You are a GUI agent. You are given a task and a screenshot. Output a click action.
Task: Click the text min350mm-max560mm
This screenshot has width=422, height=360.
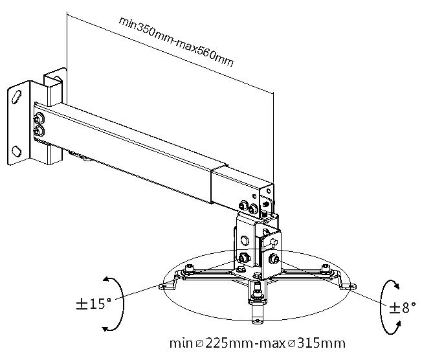(x=176, y=41)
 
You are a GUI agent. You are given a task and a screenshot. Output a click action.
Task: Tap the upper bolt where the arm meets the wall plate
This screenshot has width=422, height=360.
(x=40, y=118)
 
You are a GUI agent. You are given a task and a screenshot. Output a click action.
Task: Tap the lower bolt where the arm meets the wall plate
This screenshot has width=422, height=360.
(x=40, y=131)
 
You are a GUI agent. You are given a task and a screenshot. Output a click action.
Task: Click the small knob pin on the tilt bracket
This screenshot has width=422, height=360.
(x=276, y=242)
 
